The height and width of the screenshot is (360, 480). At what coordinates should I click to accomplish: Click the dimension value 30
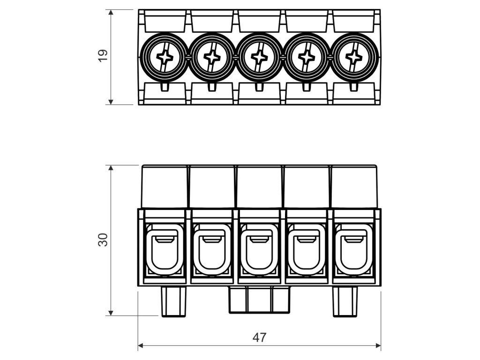(x=103, y=240)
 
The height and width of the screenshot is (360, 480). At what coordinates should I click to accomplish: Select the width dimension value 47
(x=259, y=337)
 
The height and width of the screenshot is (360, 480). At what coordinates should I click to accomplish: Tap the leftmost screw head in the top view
(x=165, y=57)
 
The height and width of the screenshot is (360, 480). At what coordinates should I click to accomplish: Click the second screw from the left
(x=212, y=57)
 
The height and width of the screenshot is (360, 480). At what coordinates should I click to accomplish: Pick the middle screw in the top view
(x=259, y=57)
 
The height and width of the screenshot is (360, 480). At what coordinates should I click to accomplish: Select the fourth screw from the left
(x=307, y=57)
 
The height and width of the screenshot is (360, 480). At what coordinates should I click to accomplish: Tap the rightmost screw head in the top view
(x=353, y=57)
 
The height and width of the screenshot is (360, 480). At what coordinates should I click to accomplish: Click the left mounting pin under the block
(x=173, y=301)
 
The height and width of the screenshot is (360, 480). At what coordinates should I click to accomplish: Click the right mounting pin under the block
(x=345, y=301)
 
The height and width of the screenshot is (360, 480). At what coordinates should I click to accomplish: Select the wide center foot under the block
(x=259, y=300)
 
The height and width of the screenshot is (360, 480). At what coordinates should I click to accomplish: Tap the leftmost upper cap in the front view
(x=165, y=187)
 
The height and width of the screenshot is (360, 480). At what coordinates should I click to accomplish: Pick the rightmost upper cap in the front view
(x=354, y=187)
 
